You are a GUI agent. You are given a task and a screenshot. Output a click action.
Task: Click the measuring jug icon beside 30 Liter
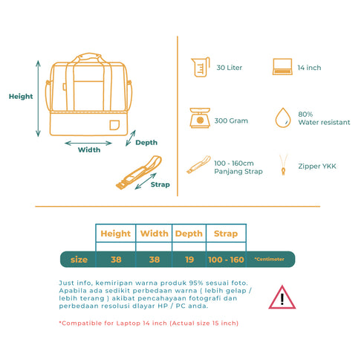point(201,67)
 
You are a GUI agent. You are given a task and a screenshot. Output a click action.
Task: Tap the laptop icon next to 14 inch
point(282,67)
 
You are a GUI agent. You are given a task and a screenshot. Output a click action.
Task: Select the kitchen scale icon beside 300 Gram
point(200,118)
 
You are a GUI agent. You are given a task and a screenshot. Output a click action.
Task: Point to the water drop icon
point(283,118)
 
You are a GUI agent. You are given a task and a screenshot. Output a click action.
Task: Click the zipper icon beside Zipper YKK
point(283,164)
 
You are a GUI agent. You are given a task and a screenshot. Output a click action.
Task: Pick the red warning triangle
point(282,298)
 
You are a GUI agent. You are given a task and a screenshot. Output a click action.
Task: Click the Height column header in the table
point(116,234)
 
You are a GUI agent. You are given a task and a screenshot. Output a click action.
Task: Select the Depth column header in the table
point(189,234)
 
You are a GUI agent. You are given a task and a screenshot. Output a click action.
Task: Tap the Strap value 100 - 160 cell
point(226,260)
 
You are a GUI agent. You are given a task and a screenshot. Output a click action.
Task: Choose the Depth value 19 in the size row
point(189,260)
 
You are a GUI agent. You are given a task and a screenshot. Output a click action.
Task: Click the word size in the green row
point(79,260)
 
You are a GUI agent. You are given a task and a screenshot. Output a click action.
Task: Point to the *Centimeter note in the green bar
point(269,259)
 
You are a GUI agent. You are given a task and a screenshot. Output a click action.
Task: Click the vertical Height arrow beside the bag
point(38,98)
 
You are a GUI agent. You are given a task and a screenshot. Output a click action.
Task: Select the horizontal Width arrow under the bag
point(88,143)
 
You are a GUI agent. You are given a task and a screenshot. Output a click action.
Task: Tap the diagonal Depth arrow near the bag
point(131,138)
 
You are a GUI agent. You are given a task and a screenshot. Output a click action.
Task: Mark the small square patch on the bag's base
point(114,125)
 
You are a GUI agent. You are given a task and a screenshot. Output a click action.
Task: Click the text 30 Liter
point(230,68)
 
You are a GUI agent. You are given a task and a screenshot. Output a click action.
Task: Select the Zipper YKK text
point(317,166)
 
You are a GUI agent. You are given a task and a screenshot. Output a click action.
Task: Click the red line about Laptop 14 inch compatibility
point(149,324)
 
